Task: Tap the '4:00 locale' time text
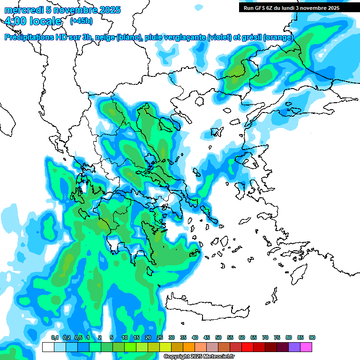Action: tap(33, 21)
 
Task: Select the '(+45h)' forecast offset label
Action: tap(81, 21)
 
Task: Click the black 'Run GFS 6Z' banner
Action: tap(291, 7)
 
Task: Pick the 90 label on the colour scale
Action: tap(312, 338)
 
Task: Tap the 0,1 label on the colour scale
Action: tap(54, 338)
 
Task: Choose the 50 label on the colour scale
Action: tap(218, 338)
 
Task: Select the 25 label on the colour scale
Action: tap(160, 338)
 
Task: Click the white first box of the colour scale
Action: tap(48, 347)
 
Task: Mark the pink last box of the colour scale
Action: tap(306, 347)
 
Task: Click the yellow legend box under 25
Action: tap(165, 347)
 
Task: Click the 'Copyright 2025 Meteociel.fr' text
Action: tap(199, 357)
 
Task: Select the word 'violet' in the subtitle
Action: tap(219, 37)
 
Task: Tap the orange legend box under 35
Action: tap(189, 347)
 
